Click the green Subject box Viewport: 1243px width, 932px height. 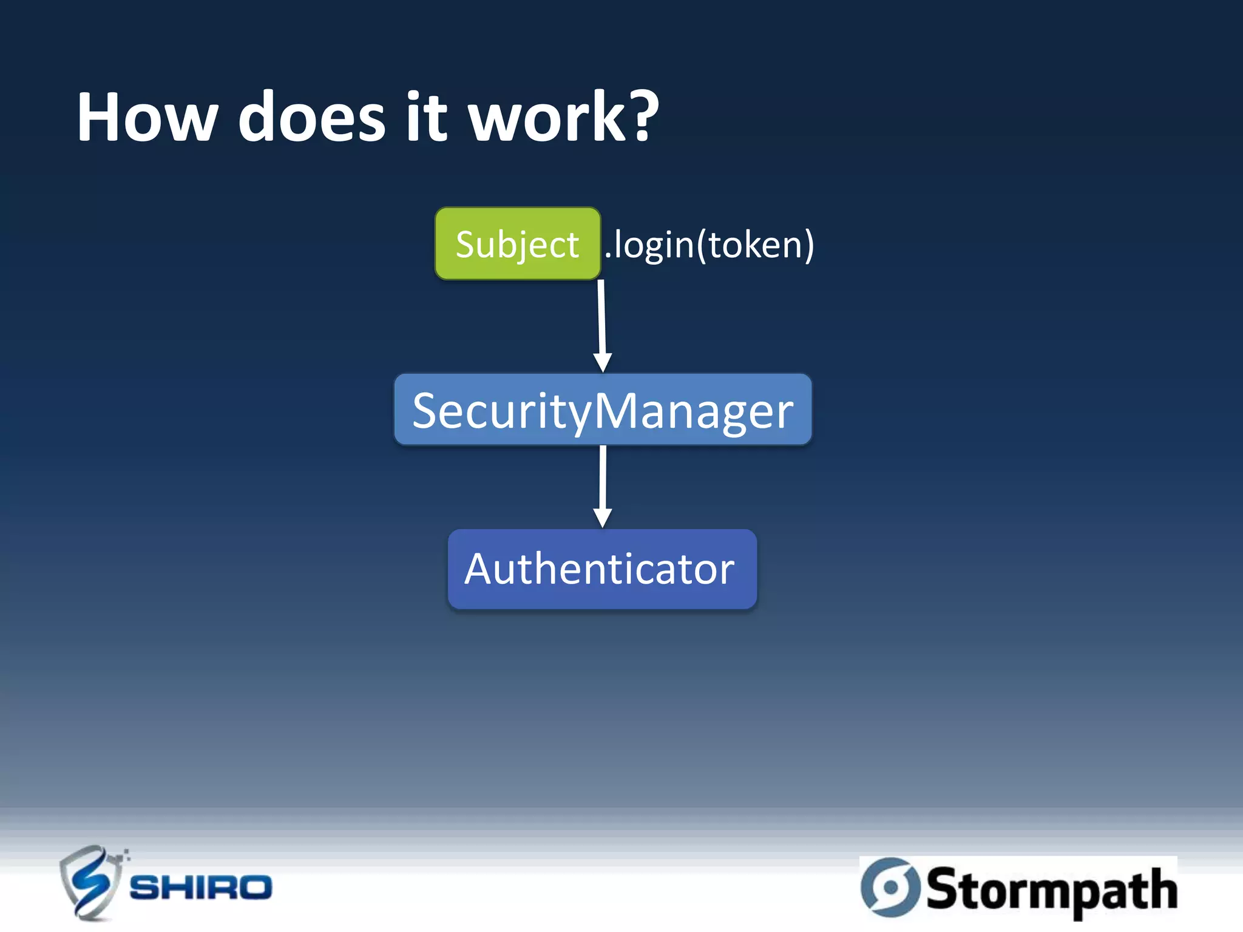pyautogui.click(x=518, y=244)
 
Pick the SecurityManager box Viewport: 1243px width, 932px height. pyautogui.click(x=603, y=410)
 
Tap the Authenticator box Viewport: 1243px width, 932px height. pyautogui.click(x=602, y=569)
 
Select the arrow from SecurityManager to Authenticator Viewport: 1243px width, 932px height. pyautogui.click(x=603, y=479)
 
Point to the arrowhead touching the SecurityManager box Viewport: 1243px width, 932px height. pyautogui.click(x=603, y=362)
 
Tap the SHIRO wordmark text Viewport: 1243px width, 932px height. pyautogui.click(x=201, y=888)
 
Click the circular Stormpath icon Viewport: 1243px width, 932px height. pyautogui.click(x=891, y=888)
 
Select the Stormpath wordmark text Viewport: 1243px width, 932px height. pyautogui.click(x=1052, y=890)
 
